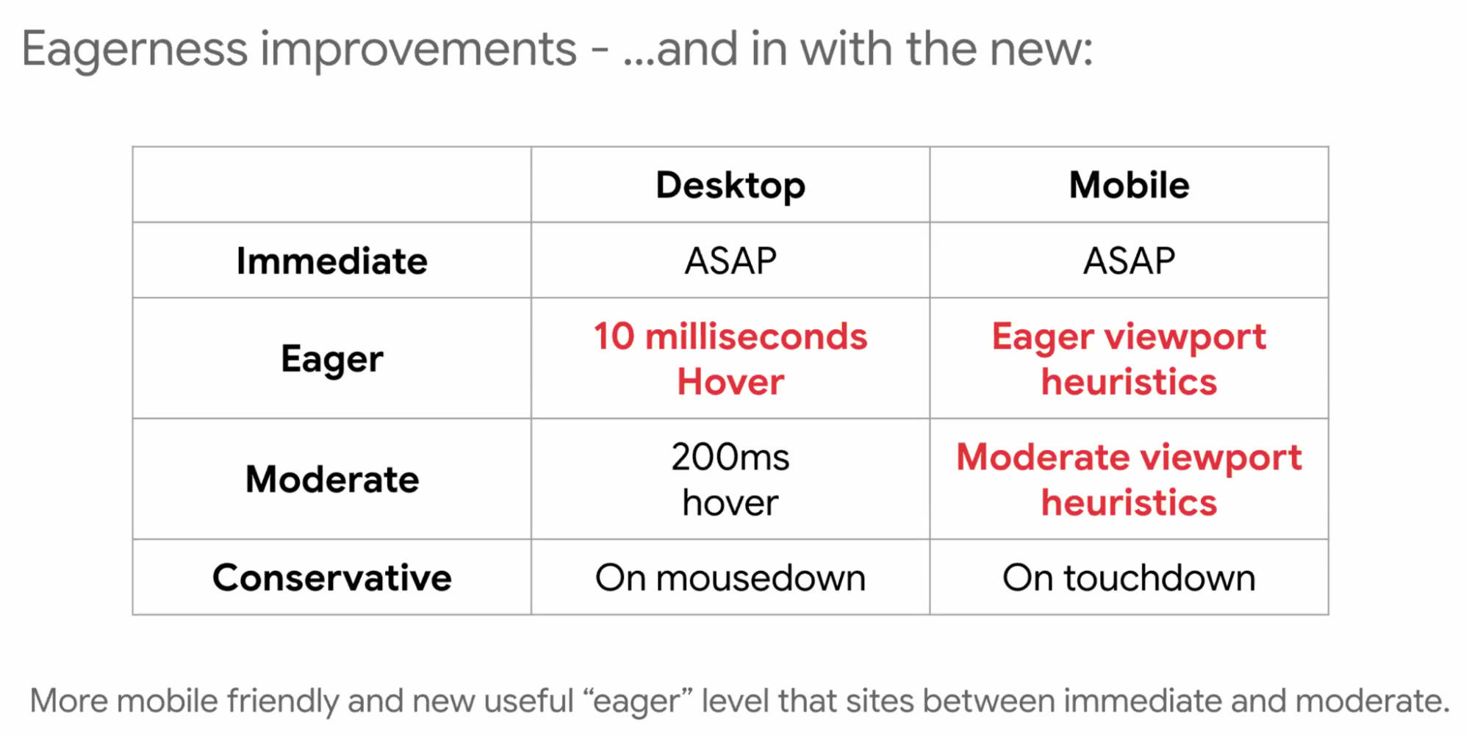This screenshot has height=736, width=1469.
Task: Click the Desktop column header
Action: click(730, 185)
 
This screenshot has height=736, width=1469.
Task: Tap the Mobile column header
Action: click(1129, 184)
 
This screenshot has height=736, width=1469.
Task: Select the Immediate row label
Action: click(332, 261)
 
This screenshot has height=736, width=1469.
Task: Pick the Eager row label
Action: click(332, 359)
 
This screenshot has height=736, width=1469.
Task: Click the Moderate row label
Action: click(332, 479)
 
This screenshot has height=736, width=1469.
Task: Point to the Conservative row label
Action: click(332, 577)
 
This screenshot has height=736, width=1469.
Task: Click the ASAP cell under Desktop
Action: click(730, 261)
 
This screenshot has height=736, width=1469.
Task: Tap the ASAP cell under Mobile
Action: click(1129, 261)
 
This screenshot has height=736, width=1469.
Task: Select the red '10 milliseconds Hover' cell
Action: click(730, 359)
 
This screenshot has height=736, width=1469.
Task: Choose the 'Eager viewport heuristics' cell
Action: click(1129, 359)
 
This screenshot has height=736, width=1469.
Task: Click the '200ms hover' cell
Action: click(730, 479)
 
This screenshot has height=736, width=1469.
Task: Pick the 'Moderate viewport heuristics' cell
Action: click(1129, 479)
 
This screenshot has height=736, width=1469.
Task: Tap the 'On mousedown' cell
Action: click(730, 577)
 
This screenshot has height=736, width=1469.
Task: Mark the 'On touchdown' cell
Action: click(1129, 577)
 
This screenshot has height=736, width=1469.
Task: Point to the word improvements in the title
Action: click(419, 50)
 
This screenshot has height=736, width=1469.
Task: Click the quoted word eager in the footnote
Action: click(636, 701)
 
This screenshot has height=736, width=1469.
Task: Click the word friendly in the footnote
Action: click(283, 701)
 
